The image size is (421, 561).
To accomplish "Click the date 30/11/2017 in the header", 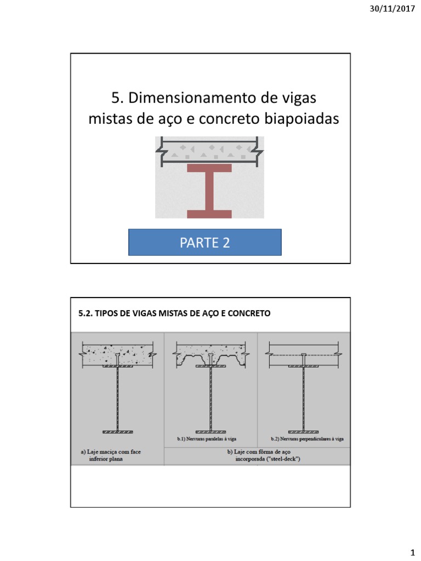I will point(394,10).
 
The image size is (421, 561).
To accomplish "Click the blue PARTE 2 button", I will point(204,243).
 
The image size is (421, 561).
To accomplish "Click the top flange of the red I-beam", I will point(209,168).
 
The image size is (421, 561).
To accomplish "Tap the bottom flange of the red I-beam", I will point(209,214).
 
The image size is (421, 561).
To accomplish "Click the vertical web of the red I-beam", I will point(209,191).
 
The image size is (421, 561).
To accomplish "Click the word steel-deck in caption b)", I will point(282,460).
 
